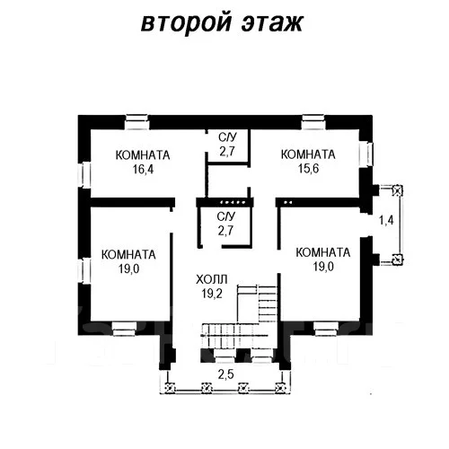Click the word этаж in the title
tap(272, 22)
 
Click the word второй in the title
tap(186, 23)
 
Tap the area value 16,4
tap(143, 170)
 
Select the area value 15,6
tap(308, 169)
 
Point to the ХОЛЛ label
tap(212, 279)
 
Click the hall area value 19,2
tap(212, 294)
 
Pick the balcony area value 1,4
tap(386, 220)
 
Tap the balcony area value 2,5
tap(225, 374)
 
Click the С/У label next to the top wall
tap(227, 137)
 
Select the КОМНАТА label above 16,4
tap(143, 155)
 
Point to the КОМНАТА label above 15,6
tap(308, 154)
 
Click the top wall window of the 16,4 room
tap(136, 122)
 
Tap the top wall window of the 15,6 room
tap(313, 122)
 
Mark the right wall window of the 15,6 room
tap(366, 154)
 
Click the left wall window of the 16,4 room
tap(84, 175)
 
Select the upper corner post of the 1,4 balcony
tap(398, 190)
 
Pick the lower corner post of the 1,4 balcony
tap(398, 260)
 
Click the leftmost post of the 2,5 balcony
tap(170, 388)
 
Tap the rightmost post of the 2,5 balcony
tap(280, 388)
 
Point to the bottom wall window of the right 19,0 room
tap(326, 329)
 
